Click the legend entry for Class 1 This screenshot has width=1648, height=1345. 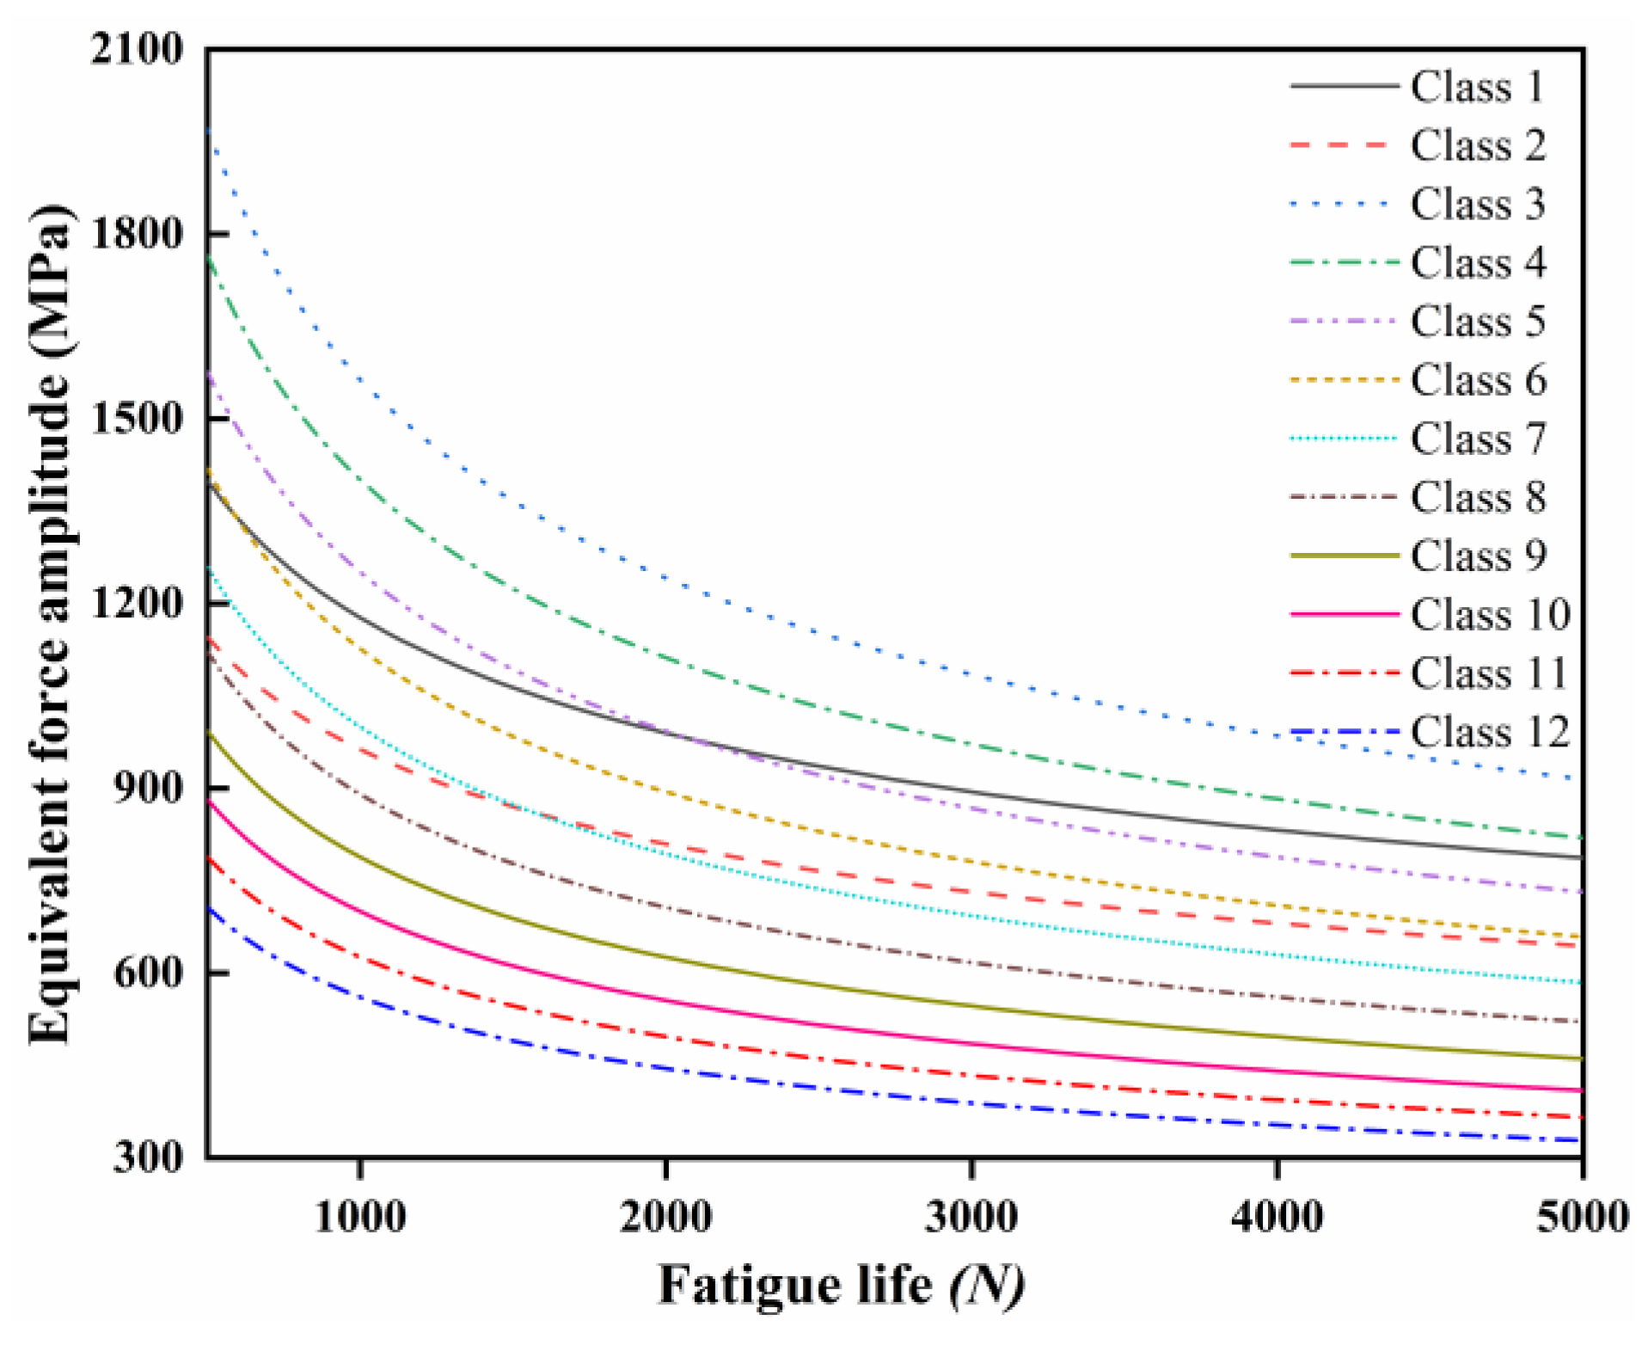(1476, 86)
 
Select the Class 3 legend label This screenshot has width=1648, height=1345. (1476, 204)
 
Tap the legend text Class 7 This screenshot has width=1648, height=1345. (1476, 439)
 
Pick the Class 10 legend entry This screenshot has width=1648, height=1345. (1489, 614)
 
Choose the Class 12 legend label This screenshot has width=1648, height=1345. (1489, 732)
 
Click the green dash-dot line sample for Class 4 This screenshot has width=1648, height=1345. (1344, 262)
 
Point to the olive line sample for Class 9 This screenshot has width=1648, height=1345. (1344, 556)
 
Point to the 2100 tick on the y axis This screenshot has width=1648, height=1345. (138, 49)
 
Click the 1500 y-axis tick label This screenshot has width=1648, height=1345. (138, 419)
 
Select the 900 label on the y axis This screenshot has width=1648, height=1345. (148, 788)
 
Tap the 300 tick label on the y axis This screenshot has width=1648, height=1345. (148, 1157)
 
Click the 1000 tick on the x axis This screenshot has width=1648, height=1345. (360, 1217)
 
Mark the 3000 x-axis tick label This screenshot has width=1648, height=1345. (971, 1217)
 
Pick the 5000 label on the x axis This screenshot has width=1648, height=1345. (1582, 1217)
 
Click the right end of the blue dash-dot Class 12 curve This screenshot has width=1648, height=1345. (1580, 1140)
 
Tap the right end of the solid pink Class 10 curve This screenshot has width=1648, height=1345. (1580, 1090)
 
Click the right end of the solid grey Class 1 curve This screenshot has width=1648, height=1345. (1580, 857)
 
